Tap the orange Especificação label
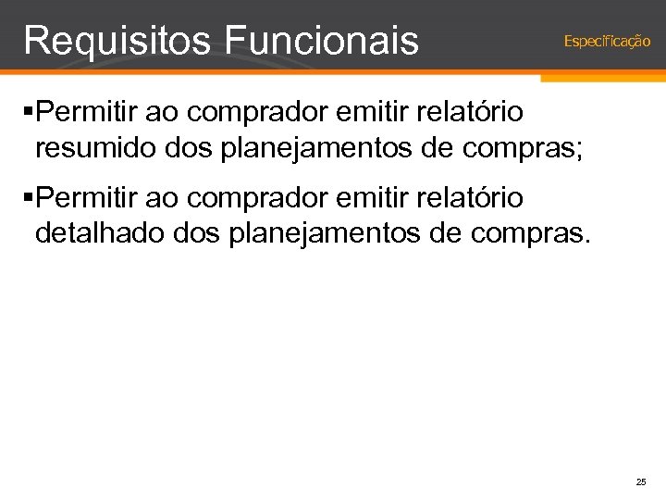tap(607, 41)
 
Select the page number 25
tap(641, 482)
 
